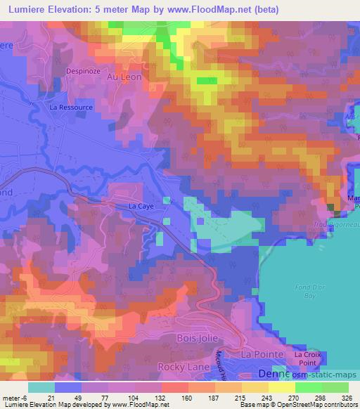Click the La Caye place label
click(x=141, y=207)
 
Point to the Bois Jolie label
click(x=193, y=338)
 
